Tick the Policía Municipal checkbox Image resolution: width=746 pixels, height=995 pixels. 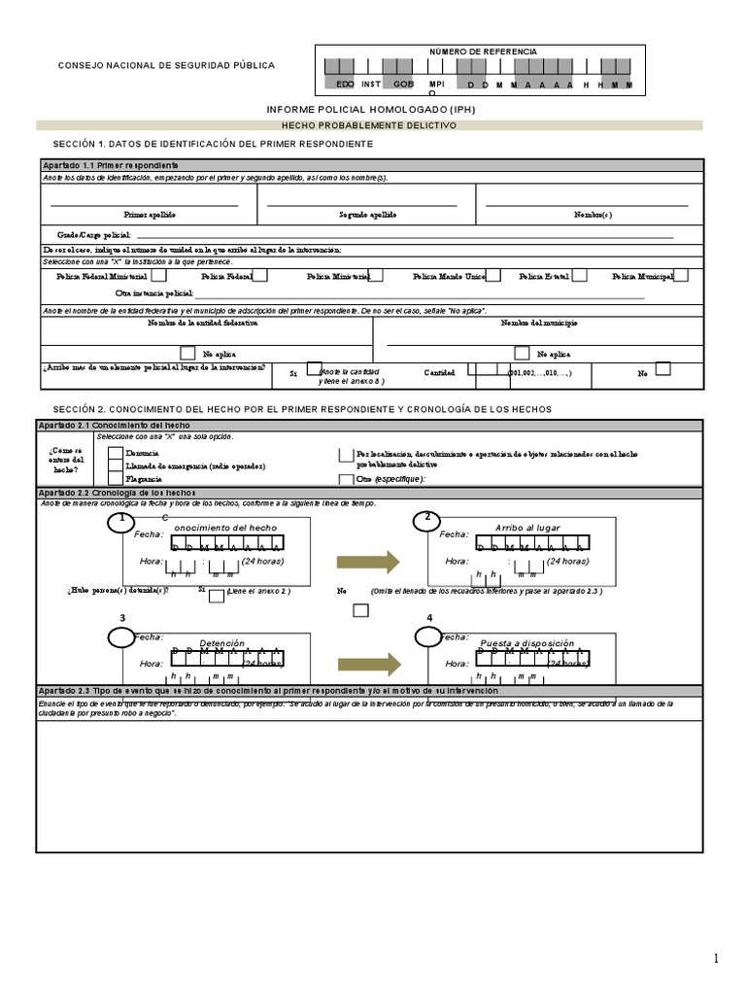[681, 275]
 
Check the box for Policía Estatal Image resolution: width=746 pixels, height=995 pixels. [579, 275]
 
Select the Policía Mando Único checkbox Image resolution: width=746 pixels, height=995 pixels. [493, 275]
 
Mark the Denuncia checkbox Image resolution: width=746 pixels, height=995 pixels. [116, 453]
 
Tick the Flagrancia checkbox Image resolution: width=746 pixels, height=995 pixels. [116, 478]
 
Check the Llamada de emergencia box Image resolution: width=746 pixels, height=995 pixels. [116, 465]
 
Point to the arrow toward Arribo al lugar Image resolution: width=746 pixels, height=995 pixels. [368, 561]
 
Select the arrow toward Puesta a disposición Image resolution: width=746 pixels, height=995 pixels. [368, 664]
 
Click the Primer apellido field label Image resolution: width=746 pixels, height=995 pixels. [149, 214]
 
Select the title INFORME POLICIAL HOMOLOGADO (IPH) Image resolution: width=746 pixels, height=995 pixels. [371, 110]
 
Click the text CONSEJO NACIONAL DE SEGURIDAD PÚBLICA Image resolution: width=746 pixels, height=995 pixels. [167, 66]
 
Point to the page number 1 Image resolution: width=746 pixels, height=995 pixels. [717, 958]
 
